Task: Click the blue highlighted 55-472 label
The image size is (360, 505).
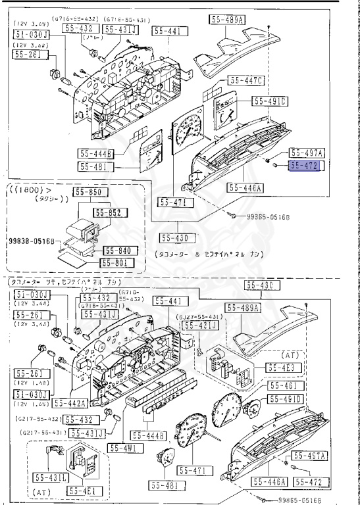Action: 303,167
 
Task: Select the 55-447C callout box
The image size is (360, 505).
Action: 247,81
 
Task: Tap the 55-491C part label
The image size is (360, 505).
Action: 270,101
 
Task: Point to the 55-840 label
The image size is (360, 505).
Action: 118,251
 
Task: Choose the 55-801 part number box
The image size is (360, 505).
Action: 118,262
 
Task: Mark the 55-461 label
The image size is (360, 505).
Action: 284,386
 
